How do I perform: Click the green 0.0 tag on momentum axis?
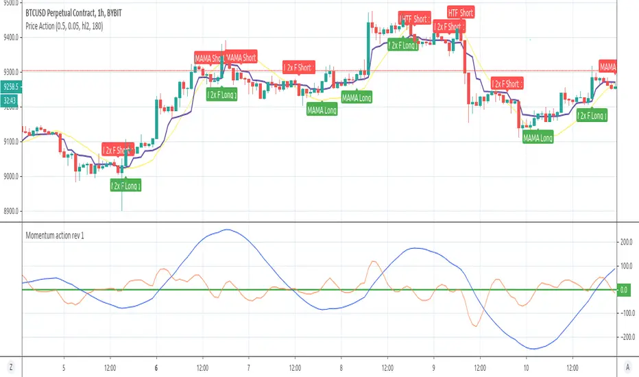coord(623,291)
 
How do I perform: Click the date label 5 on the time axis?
coord(64,358)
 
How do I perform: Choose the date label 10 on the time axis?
coord(526,358)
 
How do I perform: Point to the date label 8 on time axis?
coord(341,358)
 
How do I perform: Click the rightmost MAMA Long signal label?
coord(538,138)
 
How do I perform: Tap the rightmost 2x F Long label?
coord(592,117)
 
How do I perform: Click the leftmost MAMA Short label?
coord(210,58)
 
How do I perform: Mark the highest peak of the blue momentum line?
coord(226,230)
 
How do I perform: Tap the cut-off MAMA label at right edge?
coord(607,66)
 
